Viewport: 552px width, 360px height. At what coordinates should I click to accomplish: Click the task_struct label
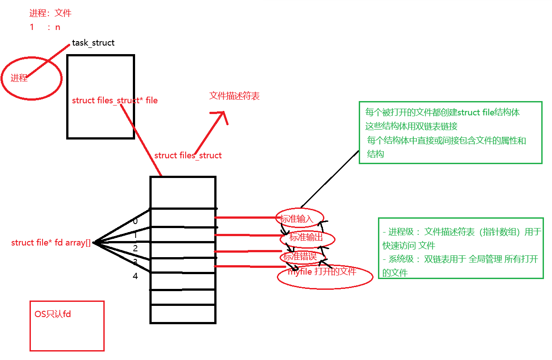(x=93, y=43)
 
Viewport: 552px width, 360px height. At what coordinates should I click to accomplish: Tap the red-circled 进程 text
(x=19, y=78)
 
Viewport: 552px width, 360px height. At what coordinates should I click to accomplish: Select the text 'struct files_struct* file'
(x=115, y=101)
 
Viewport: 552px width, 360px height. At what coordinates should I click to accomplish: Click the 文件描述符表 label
(x=234, y=96)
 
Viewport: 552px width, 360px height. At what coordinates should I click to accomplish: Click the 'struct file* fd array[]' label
(x=51, y=243)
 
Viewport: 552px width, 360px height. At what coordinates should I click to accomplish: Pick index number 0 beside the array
(x=135, y=221)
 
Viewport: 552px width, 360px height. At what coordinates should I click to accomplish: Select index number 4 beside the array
(x=135, y=276)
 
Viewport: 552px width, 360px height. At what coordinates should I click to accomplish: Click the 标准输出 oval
(x=307, y=237)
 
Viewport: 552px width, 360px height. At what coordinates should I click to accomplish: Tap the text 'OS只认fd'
(x=53, y=314)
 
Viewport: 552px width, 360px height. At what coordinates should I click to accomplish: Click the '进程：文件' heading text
(x=50, y=13)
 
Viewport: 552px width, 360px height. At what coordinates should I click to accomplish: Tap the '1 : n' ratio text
(x=45, y=27)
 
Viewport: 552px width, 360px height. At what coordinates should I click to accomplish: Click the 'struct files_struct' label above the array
(x=188, y=156)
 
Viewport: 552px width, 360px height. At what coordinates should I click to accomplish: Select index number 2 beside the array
(x=135, y=248)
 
